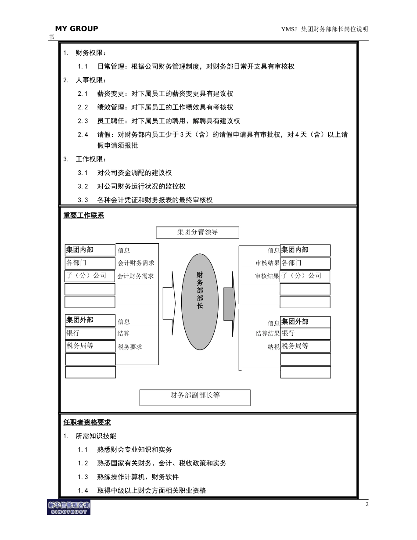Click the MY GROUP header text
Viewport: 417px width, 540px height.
tap(76, 29)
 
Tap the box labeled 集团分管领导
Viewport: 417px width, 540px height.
tap(198, 232)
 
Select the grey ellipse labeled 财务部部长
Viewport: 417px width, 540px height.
tap(200, 302)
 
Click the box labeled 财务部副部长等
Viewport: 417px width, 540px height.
tap(195, 397)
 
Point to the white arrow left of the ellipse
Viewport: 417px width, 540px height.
tap(169, 303)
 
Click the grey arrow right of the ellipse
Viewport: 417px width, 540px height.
tap(230, 303)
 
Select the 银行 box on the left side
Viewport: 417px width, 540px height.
tap(90, 333)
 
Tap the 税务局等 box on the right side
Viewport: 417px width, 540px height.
tap(305, 346)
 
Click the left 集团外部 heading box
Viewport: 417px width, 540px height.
tap(90, 320)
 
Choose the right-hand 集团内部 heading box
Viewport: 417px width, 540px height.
tap(305, 250)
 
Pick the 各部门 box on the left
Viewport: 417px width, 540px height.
tap(90, 263)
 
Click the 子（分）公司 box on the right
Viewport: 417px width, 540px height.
tap(305, 276)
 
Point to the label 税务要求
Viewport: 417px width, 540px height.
tap(130, 347)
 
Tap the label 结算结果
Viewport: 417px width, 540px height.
tap(267, 334)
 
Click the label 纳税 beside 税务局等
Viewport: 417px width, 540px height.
tap(273, 347)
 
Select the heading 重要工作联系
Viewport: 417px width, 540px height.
tap(84, 216)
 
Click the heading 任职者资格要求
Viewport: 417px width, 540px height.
tap(87, 422)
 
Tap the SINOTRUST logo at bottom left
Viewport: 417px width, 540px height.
tap(68, 508)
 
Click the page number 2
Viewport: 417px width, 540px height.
tap(367, 504)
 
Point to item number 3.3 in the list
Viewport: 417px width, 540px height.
tap(83, 200)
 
